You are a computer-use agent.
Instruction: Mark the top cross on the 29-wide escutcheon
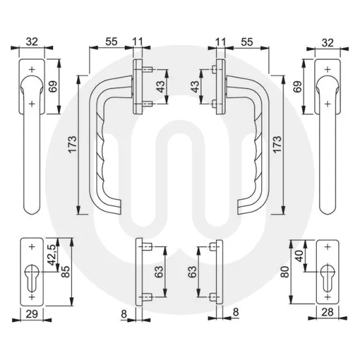(33, 247)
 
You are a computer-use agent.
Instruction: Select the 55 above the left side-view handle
(111, 41)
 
